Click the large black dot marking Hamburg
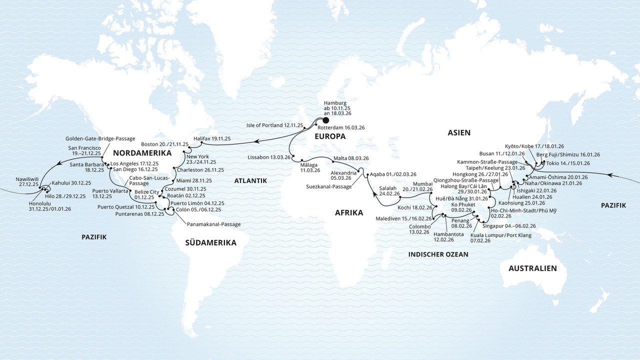pos(325,120)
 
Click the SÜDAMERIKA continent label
pos(210,242)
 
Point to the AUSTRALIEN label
pos(532,268)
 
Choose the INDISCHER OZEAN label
pos(438,254)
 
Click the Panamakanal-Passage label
pos(213,224)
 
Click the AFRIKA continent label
pos(349,213)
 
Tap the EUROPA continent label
pos(329,136)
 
